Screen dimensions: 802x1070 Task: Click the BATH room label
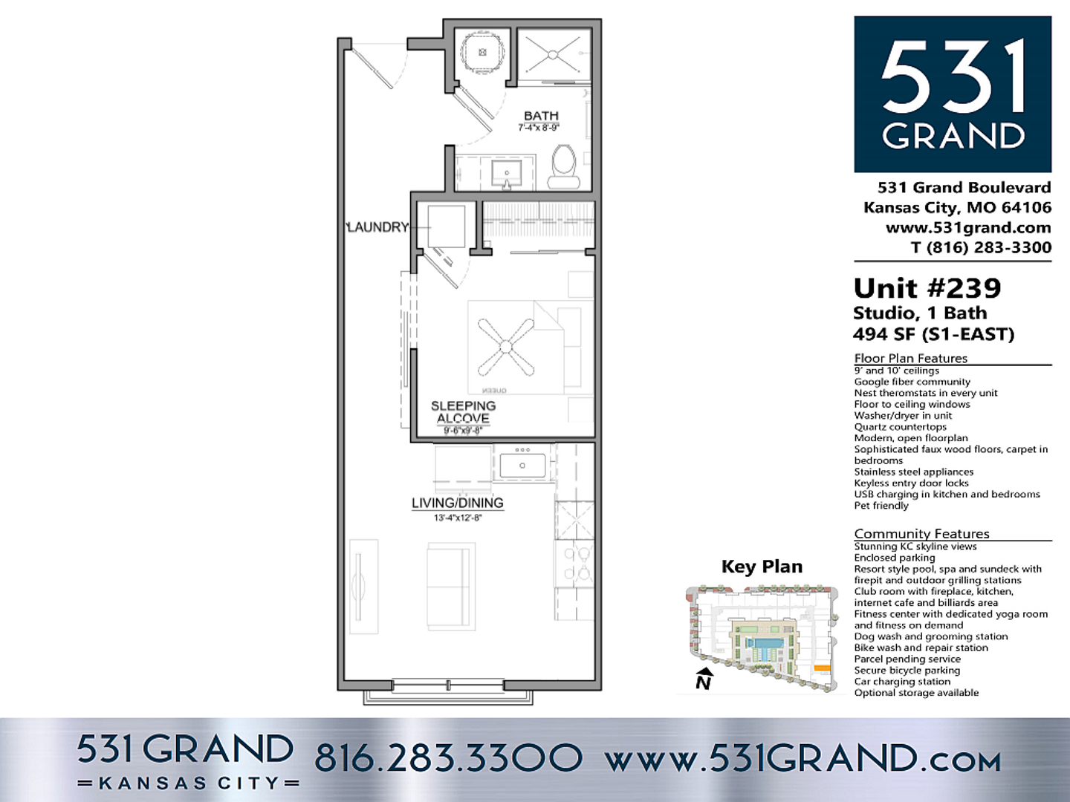point(541,116)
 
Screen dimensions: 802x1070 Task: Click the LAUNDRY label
point(378,227)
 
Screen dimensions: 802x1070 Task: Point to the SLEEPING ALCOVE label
point(463,412)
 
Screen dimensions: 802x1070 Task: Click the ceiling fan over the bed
point(506,346)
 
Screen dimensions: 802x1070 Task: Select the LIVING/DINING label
point(457,503)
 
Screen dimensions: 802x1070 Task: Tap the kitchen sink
point(522,466)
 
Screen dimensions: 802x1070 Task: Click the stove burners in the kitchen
point(574,563)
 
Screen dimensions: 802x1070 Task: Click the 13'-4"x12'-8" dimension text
point(457,518)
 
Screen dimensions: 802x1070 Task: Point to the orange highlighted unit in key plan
point(822,668)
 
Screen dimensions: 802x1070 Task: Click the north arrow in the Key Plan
point(704,678)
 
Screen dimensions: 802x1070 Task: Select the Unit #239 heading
point(927,288)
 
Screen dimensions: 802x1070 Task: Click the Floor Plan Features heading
point(910,358)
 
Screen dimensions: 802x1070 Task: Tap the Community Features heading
point(921,533)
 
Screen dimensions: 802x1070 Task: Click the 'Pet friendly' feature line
point(881,506)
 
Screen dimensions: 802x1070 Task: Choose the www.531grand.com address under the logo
point(967,227)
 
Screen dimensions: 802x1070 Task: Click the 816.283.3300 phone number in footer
point(448,757)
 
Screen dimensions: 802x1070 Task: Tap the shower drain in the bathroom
point(552,53)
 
